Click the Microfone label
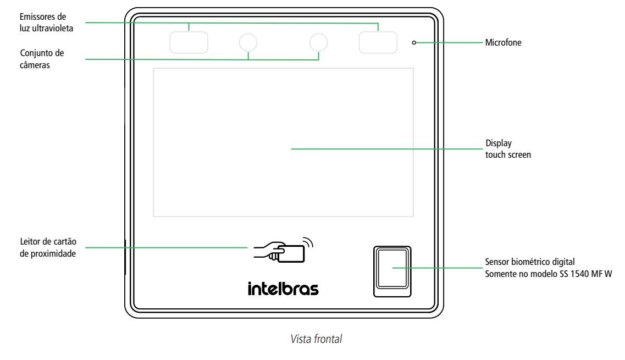click(503, 42)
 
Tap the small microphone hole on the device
click(414, 42)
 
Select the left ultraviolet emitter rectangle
click(189, 42)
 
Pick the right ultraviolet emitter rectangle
click(378, 42)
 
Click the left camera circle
click(248, 42)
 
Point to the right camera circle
click(319, 42)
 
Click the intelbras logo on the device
click(283, 289)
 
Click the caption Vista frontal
click(316, 339)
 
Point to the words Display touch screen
click(507, 149)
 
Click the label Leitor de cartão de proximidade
click(48, 248)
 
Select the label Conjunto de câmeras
click(42, 59)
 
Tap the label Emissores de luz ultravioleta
click(46, 23)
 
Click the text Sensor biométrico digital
click(529, 262)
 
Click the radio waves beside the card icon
click(309, 242)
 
